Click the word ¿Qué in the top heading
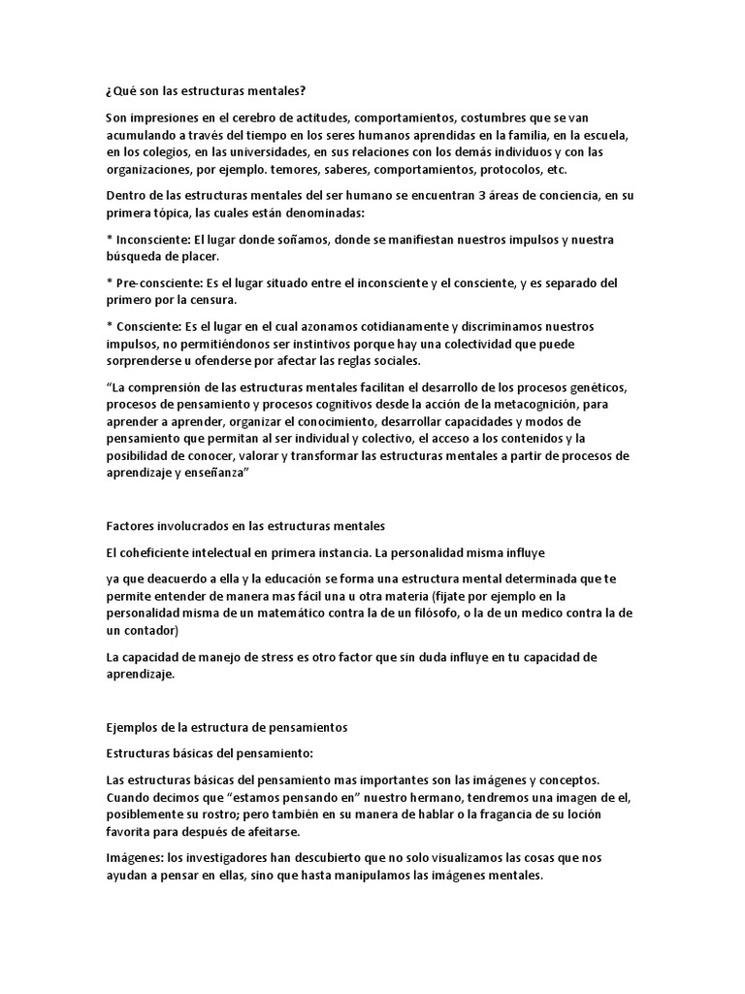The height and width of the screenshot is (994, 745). (118, 92)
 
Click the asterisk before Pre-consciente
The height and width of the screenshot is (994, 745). (109, 283)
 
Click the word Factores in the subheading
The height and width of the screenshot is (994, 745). (129, 526)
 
